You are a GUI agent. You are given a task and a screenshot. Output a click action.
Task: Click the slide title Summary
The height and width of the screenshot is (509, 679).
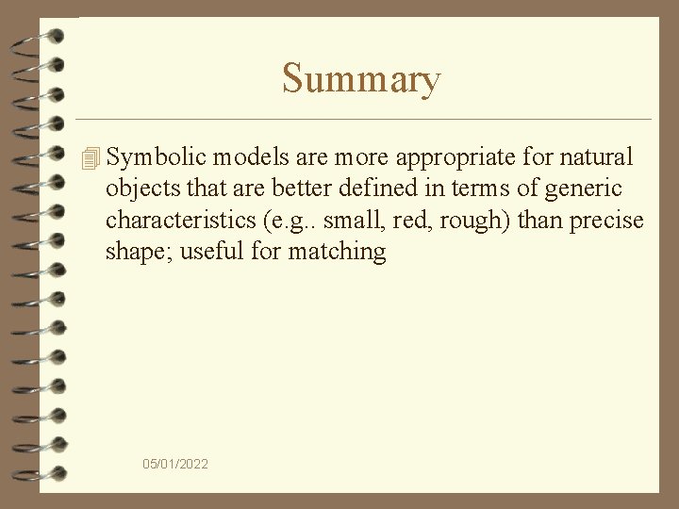360,79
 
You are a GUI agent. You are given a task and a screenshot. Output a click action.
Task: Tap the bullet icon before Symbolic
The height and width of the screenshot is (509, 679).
91,159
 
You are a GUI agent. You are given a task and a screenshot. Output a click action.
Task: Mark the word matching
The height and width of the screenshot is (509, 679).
337,252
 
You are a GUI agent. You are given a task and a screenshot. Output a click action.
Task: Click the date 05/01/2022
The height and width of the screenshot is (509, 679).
176,464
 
